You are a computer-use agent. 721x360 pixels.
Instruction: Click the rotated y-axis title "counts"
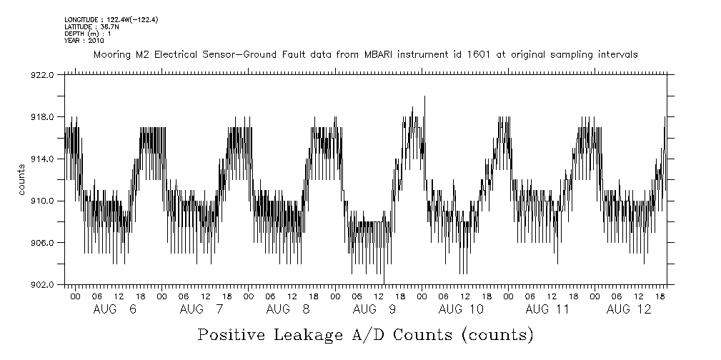(22, 180)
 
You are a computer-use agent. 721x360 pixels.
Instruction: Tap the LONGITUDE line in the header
(111, 19)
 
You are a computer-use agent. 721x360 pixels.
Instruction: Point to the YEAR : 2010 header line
(84, 41)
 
